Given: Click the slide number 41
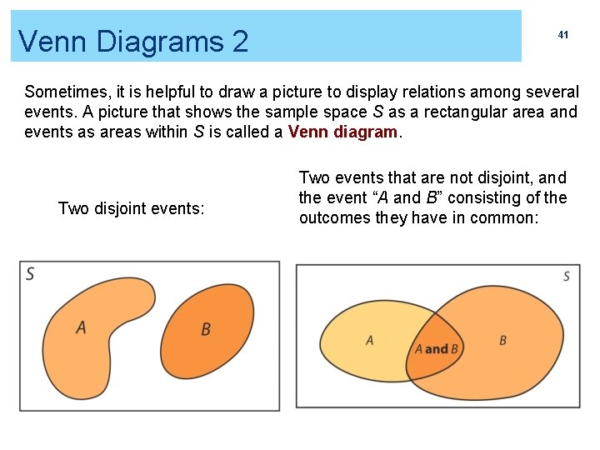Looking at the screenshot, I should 562,35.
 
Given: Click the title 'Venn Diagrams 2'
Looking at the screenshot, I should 133,40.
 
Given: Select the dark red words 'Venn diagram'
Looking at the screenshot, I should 343,132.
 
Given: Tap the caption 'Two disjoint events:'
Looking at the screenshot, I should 131,208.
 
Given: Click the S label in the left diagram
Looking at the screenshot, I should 30,273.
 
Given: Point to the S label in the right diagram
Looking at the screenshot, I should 567,276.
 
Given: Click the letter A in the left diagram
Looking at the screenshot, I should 81,327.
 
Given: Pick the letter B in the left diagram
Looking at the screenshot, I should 206,329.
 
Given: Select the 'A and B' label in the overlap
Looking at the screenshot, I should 437,349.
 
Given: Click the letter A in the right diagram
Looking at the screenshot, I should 370,340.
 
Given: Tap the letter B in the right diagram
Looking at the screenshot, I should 502,340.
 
